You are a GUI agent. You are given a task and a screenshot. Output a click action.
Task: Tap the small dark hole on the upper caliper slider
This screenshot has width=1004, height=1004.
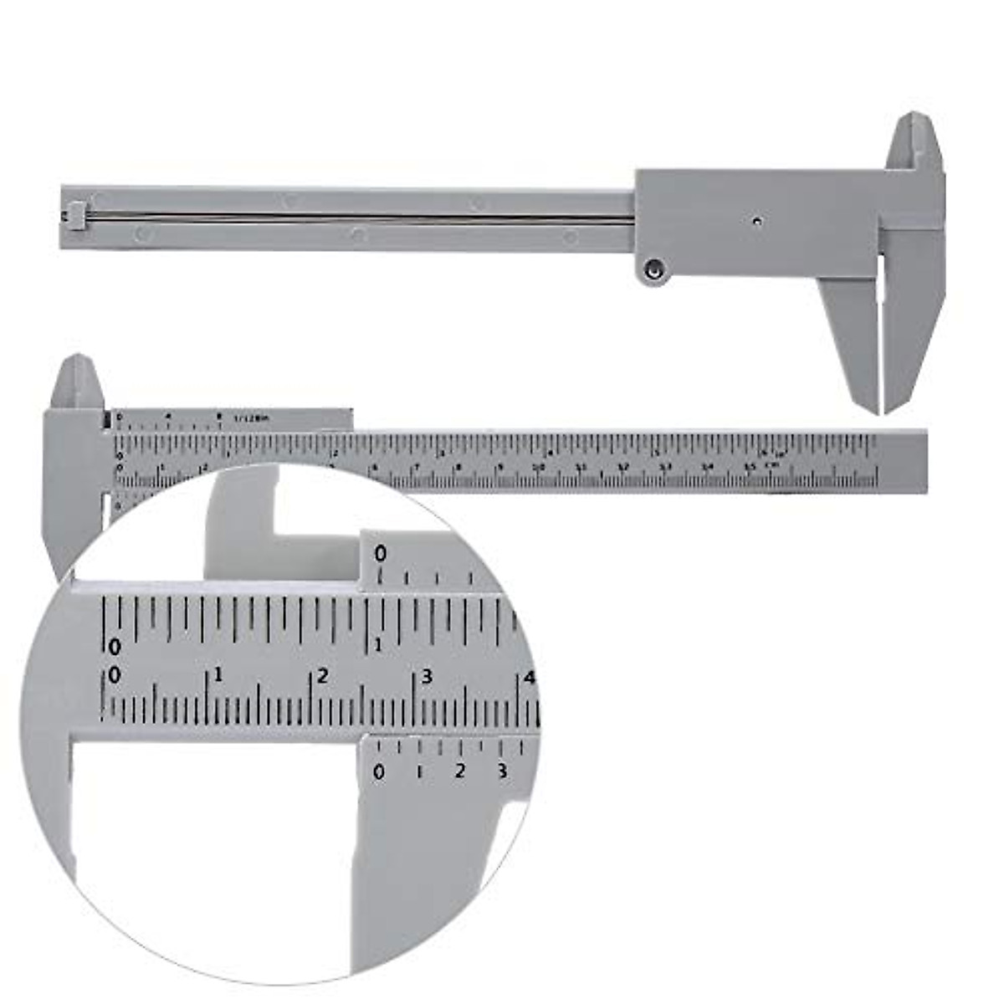[756, 222]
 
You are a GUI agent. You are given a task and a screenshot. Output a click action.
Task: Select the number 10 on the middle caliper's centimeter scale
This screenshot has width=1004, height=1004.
[540, 467]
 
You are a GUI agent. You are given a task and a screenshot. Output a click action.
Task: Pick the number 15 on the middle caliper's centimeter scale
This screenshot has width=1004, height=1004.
[750, 467]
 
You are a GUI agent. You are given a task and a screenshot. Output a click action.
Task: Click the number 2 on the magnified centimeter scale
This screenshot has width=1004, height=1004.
[322, 675]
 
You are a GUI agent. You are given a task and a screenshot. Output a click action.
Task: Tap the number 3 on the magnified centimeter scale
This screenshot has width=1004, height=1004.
[426, 676]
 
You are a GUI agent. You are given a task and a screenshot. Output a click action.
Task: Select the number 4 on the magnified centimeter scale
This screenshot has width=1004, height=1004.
[528, 678]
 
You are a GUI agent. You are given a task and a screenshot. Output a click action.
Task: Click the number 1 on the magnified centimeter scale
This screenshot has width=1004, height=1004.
[218, 674]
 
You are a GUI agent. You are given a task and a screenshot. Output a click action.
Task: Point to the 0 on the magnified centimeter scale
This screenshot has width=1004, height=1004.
[114, 674]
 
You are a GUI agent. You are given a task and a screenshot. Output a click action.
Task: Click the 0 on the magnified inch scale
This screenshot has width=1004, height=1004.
[115, 647]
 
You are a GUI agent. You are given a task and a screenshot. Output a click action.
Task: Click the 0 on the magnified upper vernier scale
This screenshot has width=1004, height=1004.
[381, 554]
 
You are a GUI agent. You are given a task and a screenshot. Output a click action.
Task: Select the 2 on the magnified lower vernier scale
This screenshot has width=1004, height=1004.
[460, 771]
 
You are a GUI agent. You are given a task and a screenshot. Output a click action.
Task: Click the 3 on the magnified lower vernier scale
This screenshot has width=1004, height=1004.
[502, 771]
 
